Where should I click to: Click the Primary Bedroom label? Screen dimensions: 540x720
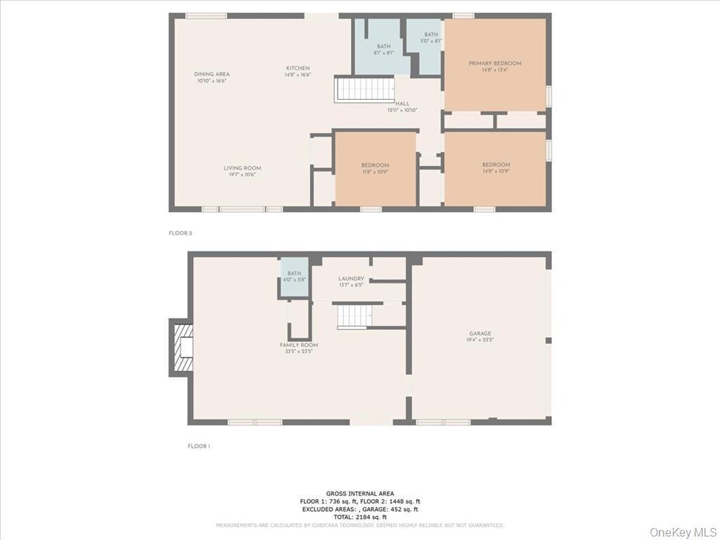tap(495, 63)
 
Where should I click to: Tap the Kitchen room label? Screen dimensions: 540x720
tap(297, 68)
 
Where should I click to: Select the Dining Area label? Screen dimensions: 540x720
tap(212, 75)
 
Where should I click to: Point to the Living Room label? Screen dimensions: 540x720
tap(242, 168)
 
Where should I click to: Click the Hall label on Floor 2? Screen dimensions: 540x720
tap(402, 104)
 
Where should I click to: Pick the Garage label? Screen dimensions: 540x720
tap(480, 334)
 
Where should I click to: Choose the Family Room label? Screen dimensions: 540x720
tap(299, 345)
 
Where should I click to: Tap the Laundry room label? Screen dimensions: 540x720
tap(351, 279)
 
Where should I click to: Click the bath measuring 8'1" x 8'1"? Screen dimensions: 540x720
tap(383, 46)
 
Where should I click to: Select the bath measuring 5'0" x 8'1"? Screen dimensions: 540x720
tap(431, 35)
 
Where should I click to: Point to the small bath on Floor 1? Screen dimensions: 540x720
tap(294, 274)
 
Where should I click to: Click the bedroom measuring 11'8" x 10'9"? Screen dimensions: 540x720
tap(375, 165)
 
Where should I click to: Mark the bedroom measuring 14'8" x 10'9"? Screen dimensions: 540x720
tap(496, 165)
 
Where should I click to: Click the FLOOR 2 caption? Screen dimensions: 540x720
tap(180, 233)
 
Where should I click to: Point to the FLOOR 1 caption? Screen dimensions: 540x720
tap(199, 446)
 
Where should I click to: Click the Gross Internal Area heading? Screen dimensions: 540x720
tap(360, 493)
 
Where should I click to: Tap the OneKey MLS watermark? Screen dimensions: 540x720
tap(683, 531)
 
